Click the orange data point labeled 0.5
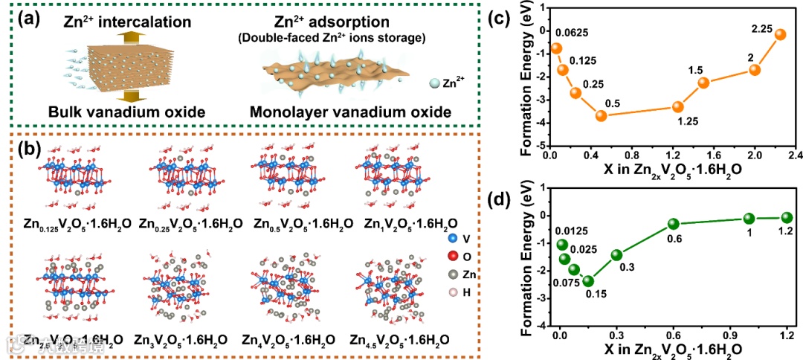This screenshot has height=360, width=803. [602, 115]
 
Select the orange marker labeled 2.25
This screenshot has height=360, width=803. [780, 34]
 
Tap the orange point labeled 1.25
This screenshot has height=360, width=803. [677, 107]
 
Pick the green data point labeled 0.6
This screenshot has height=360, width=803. [674, 224]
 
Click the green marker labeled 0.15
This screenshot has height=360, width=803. [588, 281]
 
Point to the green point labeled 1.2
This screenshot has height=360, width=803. [787, 217]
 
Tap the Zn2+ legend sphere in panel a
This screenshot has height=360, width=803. [432, 84]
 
